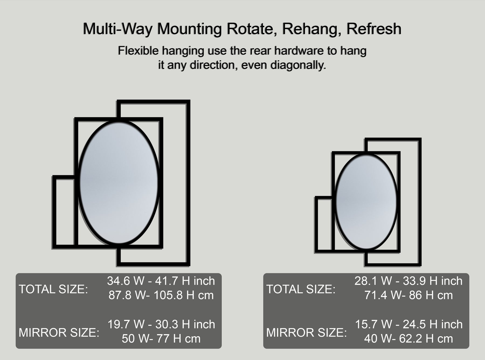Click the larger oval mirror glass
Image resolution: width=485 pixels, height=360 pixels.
(x=119, y=183)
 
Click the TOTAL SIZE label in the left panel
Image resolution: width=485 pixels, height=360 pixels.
(x=53, y=289)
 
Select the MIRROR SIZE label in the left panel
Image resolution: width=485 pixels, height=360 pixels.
(x=59, y=332)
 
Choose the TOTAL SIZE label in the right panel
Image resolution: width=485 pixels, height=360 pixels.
(x=301, y=289)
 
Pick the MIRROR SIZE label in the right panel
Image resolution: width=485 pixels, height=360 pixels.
(x=307, y=332)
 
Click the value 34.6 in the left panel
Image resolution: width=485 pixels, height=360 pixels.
(x=119, y=281)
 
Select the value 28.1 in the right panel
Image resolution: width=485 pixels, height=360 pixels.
(x=366, y=281)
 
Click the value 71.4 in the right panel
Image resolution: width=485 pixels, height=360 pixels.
(x=376, y=295)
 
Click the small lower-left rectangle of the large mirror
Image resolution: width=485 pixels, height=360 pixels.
(x=54, y=212)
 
